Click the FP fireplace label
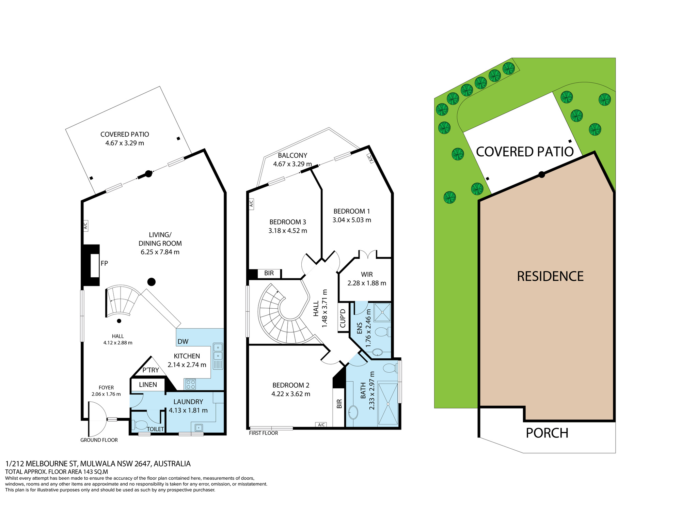click(x=104, y=263)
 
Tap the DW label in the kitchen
click(x=183, y=342)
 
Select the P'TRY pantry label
click(x=151, y=370)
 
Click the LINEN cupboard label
click(x=148, y=385)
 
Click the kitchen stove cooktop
click(x=191, y=384)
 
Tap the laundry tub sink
click(x=199, y=427)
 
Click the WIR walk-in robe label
click(x=367, y=275)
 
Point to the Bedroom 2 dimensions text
click(x=291, y=394)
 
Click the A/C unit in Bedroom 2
click(x=321, y=424)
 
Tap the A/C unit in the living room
click(x=85, y=226)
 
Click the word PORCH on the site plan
click(x=547, y=433)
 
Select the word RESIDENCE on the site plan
click(x=550, y=276)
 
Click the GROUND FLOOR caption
click(x=99, y=440)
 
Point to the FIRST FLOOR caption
click(x=264, y=433)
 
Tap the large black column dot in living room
click(x=152, y=282)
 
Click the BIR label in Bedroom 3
click(x=269, y=273)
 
